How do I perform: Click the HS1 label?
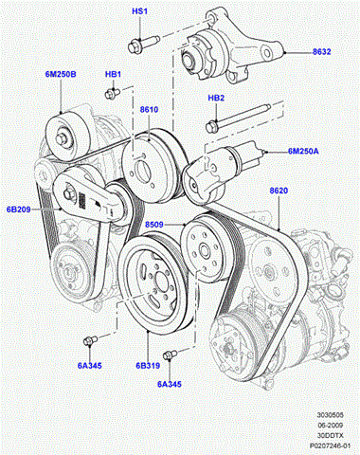coord(139,11)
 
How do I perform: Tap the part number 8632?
coord(322,52)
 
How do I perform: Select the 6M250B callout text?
coord(61,74)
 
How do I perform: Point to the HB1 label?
coord(113,74)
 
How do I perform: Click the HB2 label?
coord(216,98)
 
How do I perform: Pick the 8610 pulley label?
coord(149,110)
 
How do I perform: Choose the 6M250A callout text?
coord(303,152)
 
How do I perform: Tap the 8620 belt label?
coord(279,191)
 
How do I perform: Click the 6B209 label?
coord(19,209)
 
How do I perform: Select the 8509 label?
coord(154,225)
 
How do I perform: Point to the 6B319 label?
coord(148,366)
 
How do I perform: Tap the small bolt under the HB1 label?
coord(112,93)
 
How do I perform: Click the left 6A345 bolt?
coord(90,340)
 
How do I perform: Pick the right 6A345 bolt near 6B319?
coord(170,355)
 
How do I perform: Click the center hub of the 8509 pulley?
coord(203,250)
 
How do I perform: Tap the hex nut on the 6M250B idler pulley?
coord(62,139)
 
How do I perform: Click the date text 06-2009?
coord(330,425)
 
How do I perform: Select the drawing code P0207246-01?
coord(330,446)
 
